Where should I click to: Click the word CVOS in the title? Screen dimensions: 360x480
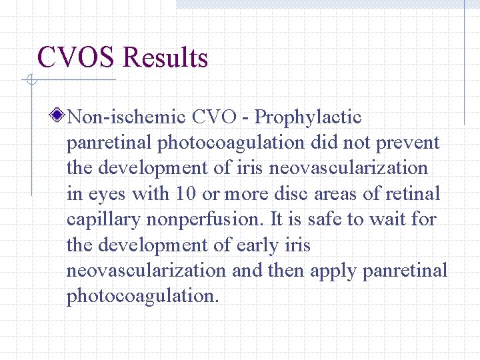77,58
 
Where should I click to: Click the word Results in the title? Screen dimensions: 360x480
165,58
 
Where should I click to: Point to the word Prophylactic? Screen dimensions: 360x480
309,118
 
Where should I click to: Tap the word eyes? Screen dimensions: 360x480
106,195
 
